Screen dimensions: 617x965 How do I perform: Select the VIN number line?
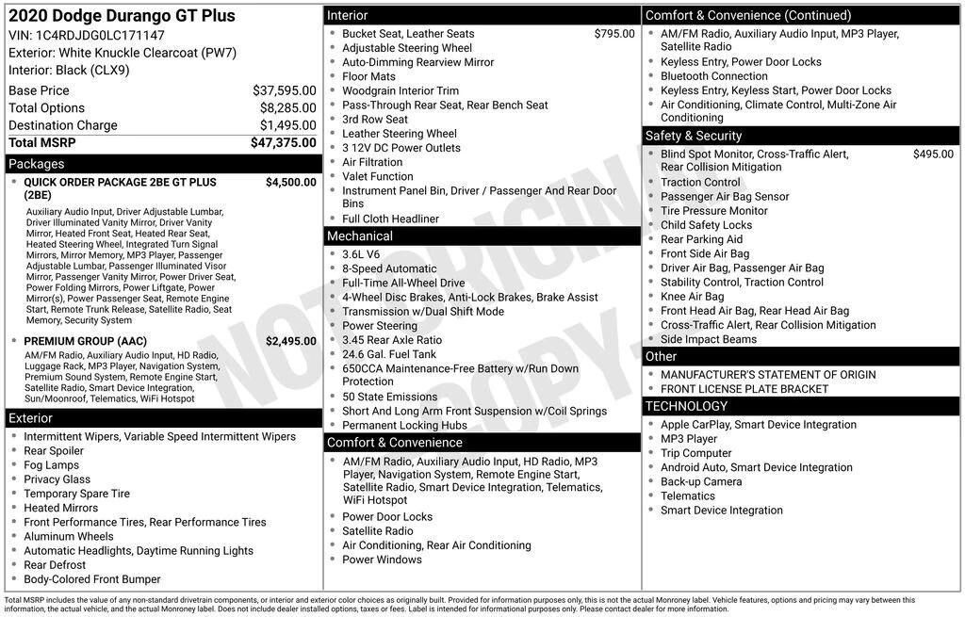pyautogui.click(x=87, y=35)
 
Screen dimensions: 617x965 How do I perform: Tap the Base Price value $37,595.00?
pyautogui.click(x=284, y=90)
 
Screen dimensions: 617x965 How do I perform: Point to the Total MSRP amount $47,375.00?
pyautogui.click(x=283, y=142)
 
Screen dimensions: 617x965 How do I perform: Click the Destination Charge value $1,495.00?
pyautogui.click(x=287, y=125)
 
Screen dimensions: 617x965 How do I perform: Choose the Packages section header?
pyautogui.click(x=37, y=164)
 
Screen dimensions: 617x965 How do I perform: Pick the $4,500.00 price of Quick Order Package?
pyautogui.click(x=290, y=183)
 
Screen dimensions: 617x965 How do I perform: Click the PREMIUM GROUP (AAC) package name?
pyautogui.click(x=85, y=341)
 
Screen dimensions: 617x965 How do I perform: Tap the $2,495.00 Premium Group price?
pyautogui.click(x=290, y=341)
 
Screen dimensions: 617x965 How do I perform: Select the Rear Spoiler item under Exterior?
pyautogui.click(x=54, y=451)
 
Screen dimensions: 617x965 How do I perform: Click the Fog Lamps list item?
pyautogui.click(x=52, y=465)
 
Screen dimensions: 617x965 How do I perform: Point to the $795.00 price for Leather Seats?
pyautogui.click(x=614, y=34)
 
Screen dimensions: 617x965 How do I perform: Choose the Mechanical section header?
pyautogui.click(x=360, y=236)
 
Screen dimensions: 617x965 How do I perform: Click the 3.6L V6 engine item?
pyautogui.click(x=361, y=254)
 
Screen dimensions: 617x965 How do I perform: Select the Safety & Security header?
pyautogui.click(x=694, y=136)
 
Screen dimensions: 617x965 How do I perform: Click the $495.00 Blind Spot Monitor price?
pyautogui.click(x=933, y=154)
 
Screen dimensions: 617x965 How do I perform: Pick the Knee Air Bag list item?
pyautogui.click(x=692, y=297)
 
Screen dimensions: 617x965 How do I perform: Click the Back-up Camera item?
pyautogui.click(x=701, y=481)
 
